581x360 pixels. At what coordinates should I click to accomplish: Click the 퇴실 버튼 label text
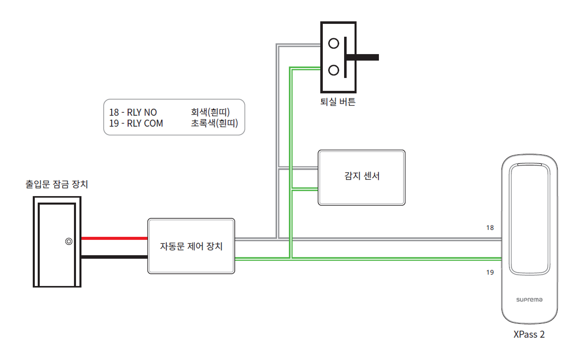point(338,103)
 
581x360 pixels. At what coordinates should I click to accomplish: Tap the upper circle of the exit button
point(334,43)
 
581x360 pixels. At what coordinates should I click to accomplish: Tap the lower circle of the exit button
point(334,70)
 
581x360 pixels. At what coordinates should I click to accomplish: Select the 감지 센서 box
point(362,177)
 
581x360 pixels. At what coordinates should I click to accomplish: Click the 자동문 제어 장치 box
point(191,246)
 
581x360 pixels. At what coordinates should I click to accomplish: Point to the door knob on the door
point(68,242)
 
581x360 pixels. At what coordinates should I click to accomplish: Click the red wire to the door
point(114,238)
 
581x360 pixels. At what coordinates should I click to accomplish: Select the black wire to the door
point(114,257)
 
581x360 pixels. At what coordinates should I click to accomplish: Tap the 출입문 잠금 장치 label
point(57,185)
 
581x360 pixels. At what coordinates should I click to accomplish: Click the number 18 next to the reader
point(490,228)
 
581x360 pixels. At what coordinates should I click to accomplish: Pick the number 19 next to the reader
point(490,273)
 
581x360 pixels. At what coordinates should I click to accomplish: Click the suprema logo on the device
point(529,300)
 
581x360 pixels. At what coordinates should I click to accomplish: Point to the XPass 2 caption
point(529,335)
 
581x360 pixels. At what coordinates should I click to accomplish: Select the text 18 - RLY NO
point(133,113)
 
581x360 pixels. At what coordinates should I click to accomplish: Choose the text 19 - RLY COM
point(136,124)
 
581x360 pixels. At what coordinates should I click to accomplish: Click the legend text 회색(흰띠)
point(211,113)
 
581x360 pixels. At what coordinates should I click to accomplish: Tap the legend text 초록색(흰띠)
point(215,124)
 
